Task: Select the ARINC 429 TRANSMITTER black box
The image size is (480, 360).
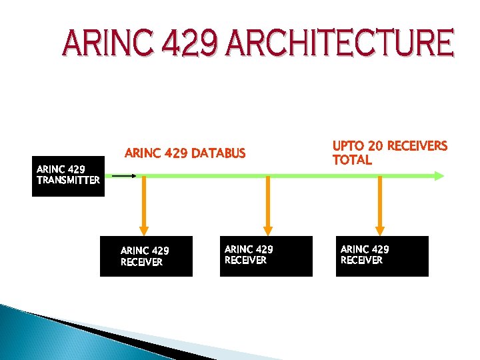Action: tap(68, 176)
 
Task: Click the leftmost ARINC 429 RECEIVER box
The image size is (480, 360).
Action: tap(146, 256)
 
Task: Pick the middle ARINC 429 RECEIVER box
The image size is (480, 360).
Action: tap(266, 256)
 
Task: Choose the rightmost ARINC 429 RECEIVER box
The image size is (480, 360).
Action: tap(382, 256)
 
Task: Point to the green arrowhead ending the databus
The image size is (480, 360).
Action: tap(438, 176)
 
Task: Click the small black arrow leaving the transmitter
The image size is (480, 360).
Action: tap(124, 176)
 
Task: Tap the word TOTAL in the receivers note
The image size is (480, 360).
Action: tap(352, 160)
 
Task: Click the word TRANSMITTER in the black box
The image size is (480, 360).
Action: tap(68, 180)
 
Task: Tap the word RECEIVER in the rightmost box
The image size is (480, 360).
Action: tap(361, 260)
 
